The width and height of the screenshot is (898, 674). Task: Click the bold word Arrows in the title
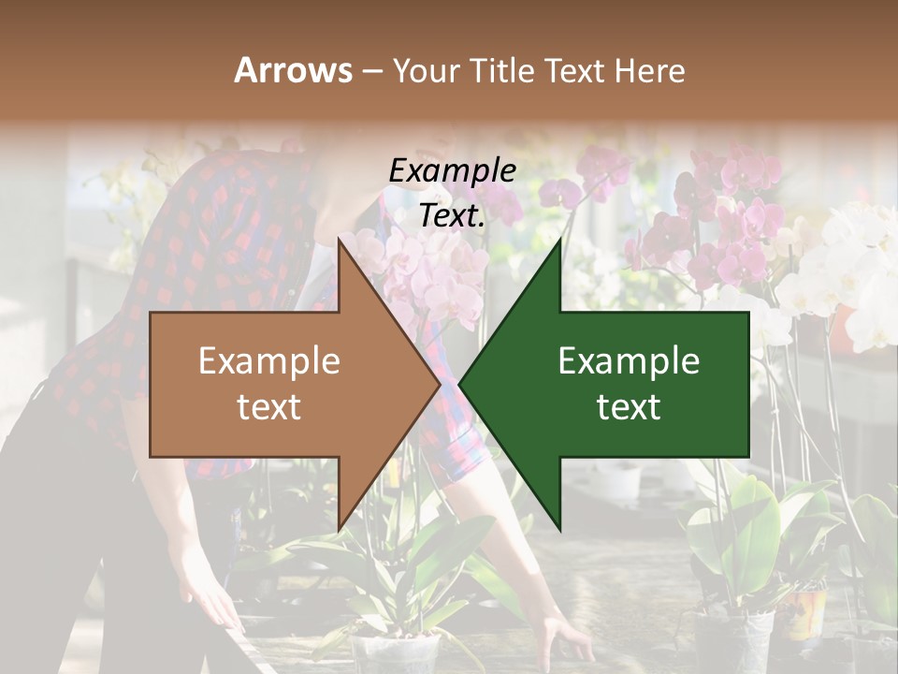294,70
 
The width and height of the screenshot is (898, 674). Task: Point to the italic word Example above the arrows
452,170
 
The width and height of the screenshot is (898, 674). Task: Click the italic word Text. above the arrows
452,215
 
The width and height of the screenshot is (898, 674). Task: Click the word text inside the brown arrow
268,407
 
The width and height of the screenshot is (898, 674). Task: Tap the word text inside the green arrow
629,407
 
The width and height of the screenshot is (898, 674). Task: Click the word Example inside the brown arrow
268,361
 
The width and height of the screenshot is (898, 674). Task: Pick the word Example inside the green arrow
629,361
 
